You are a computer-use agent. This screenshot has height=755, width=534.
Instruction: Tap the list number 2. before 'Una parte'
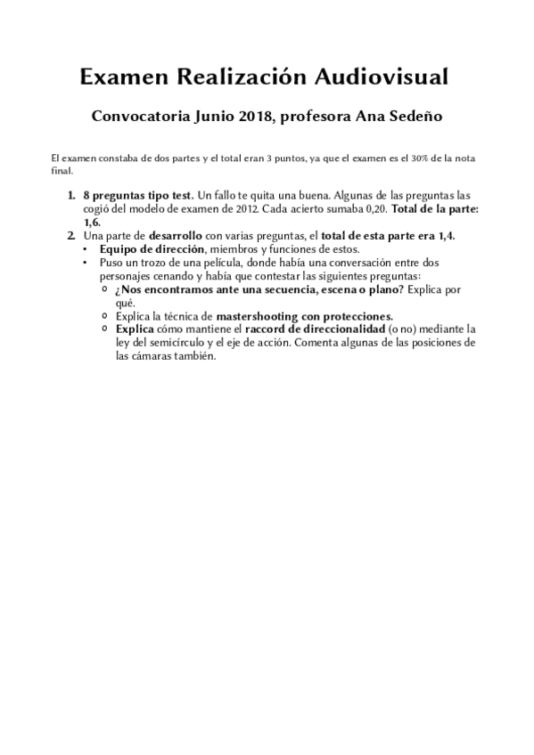tap(72, 235)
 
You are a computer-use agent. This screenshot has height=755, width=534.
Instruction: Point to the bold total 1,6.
tap(92, 222)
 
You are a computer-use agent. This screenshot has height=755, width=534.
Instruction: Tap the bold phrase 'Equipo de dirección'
tap(147, 249)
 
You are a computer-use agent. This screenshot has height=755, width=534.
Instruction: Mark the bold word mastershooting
tap(254, 316)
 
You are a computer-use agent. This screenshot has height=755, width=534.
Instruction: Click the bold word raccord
tap(266, 329)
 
